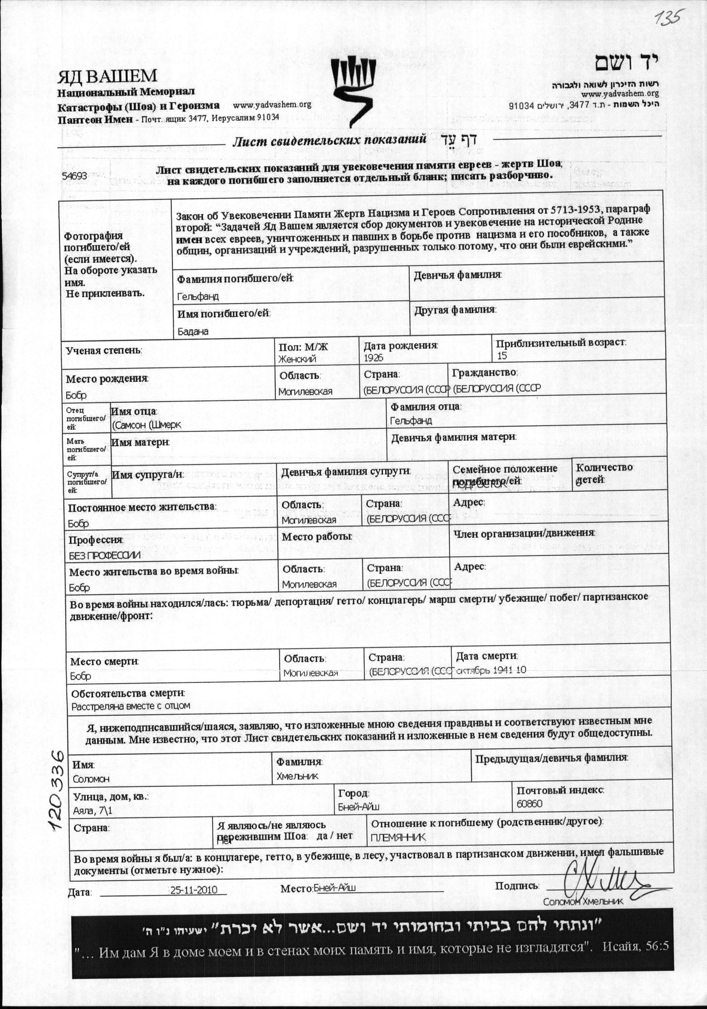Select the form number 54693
(x=74, y=175)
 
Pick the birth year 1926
(x=374, y=358)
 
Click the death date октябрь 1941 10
(x=491, y=670)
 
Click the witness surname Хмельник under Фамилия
(x=297, y=776)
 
